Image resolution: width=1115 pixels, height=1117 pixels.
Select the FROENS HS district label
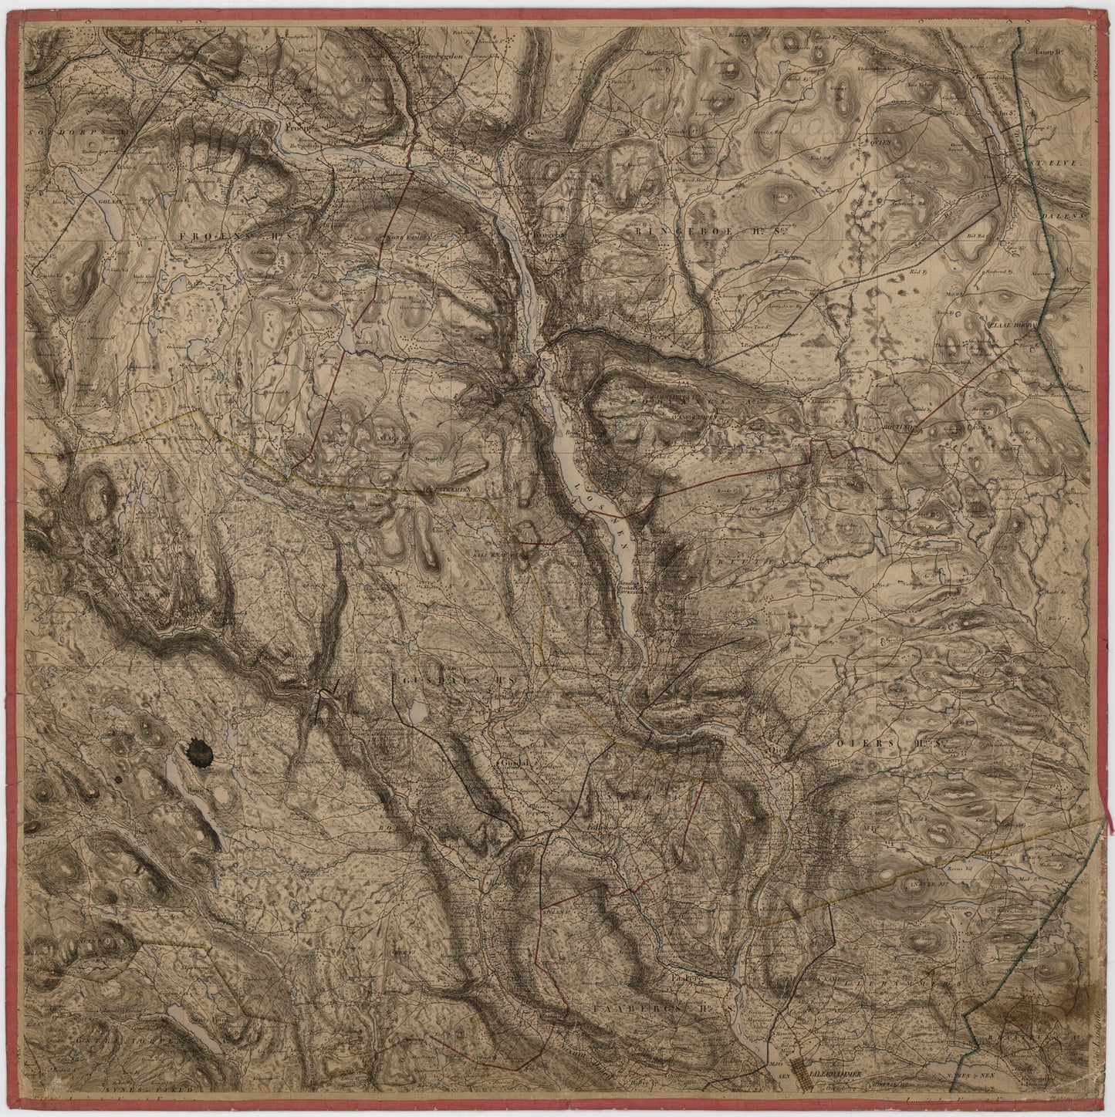[218, 235]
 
